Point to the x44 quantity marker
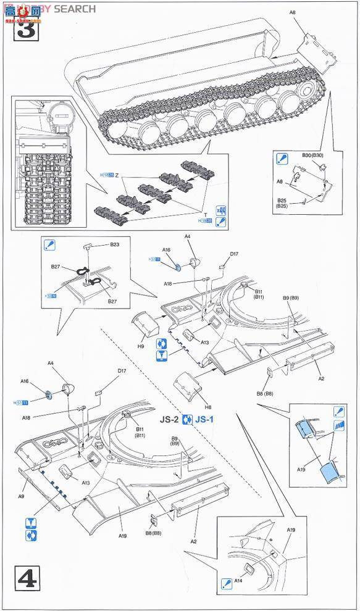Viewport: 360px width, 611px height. pos(220,210)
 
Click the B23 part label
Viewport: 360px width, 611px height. pos(114,244)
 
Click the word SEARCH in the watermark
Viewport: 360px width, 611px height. pos(75,9)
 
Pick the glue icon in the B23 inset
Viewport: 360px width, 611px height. pos(51,245)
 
